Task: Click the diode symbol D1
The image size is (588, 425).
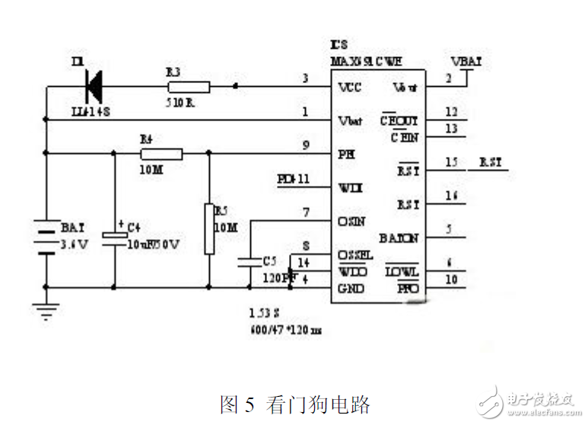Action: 94,86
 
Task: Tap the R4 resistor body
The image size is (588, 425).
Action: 162,154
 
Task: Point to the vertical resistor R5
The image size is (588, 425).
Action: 209,228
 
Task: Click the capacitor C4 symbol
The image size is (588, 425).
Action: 114,235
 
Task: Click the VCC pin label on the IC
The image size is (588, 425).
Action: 349,87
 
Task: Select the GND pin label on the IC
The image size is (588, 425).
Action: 351,289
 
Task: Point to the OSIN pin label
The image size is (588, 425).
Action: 351,222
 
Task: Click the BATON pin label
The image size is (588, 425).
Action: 399,238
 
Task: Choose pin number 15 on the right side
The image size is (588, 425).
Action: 451,162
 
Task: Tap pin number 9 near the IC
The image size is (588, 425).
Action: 305,145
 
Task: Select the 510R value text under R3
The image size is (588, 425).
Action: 181,101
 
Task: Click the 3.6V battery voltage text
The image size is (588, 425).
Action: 75,244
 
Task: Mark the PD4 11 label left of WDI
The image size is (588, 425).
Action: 294,180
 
